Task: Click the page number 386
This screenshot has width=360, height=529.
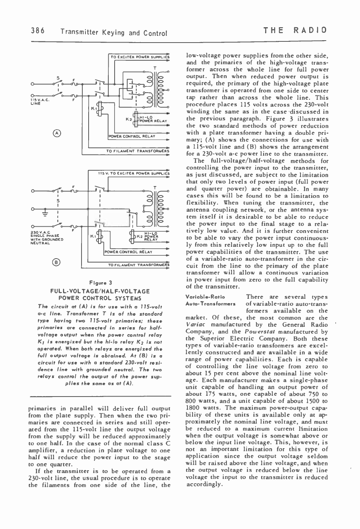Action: (x=37, y=31)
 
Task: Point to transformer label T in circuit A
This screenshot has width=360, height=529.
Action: (x=156, y=67)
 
